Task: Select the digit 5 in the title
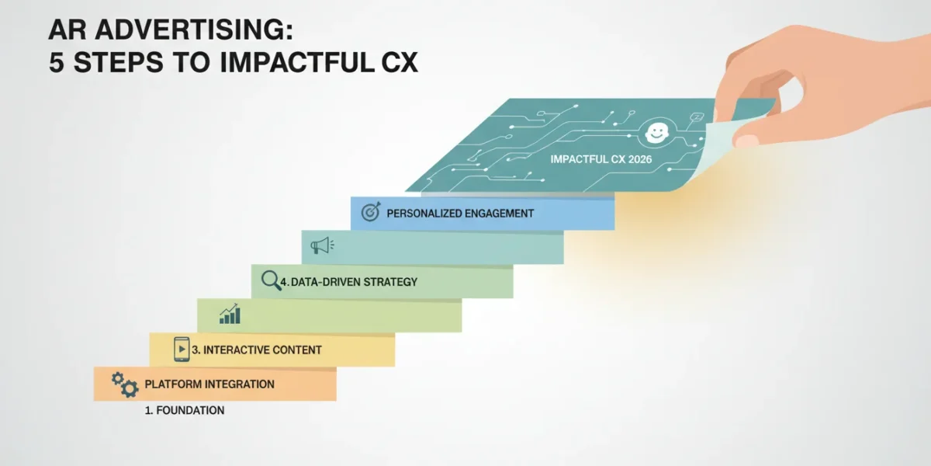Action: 57,62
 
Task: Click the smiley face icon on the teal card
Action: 656,133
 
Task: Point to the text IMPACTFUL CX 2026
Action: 601,159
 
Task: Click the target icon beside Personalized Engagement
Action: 371,212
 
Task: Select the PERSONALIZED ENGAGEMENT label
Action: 460,214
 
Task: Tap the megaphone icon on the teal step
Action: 322,245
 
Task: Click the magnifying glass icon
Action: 271,280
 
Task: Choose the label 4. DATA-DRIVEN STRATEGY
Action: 348,282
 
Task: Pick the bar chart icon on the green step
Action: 230,314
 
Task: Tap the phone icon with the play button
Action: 182,349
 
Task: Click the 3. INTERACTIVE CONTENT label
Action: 257,350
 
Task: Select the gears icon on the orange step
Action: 125,384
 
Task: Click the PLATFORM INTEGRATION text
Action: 209,384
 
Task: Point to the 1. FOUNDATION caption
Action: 185,410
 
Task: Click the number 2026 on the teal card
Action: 640,159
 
